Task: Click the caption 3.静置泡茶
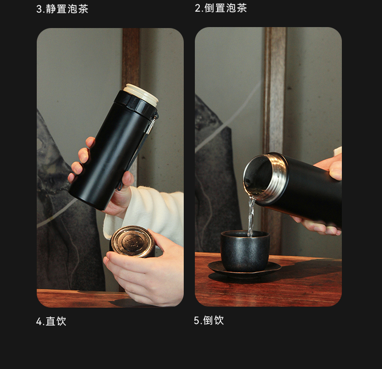click(x=62, y=9)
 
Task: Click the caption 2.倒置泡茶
click(x=220, y=8)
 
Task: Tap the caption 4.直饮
click(x=51, y=321)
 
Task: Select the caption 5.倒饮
click(x=209, y=320)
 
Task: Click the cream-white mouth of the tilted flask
click(x=141, y=94)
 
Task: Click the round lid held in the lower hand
click(x=132, y=241)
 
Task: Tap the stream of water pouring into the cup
click(x=251, y=217)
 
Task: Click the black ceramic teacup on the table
click(x=245, y=251)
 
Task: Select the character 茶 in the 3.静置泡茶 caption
click(x=83, y=9)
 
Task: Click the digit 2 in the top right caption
click(x=198, y=8)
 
